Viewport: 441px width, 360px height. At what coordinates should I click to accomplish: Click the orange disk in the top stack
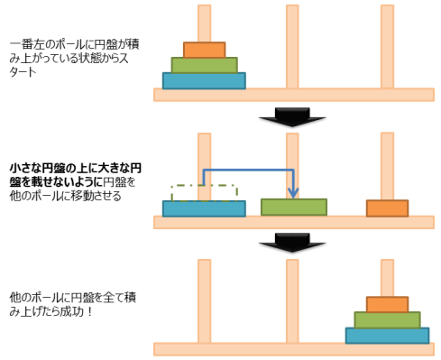click(x=204, y=50)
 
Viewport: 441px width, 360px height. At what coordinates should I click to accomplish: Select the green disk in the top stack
click(x=204, y=65)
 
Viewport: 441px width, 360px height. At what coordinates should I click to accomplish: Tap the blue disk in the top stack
click(x=204, y=80)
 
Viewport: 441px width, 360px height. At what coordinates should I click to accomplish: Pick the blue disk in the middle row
click(x=204, y=208)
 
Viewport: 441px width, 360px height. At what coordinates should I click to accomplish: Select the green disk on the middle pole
click(x=294, y=207)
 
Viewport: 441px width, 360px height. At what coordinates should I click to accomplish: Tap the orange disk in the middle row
click(x=387, y=208)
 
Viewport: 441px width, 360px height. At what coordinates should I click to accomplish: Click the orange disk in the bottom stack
click(x=387, y=304)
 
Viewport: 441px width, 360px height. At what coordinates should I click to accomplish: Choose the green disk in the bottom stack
click(x=387, y=319)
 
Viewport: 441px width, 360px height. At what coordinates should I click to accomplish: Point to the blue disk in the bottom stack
click(x=387, y=335)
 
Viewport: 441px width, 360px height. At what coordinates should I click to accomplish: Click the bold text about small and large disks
click(x=75, y=175)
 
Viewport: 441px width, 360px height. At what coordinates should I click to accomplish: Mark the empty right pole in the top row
click(x=387, y=45)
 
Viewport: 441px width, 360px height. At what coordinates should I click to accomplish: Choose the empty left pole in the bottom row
click(x=204, y=302)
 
